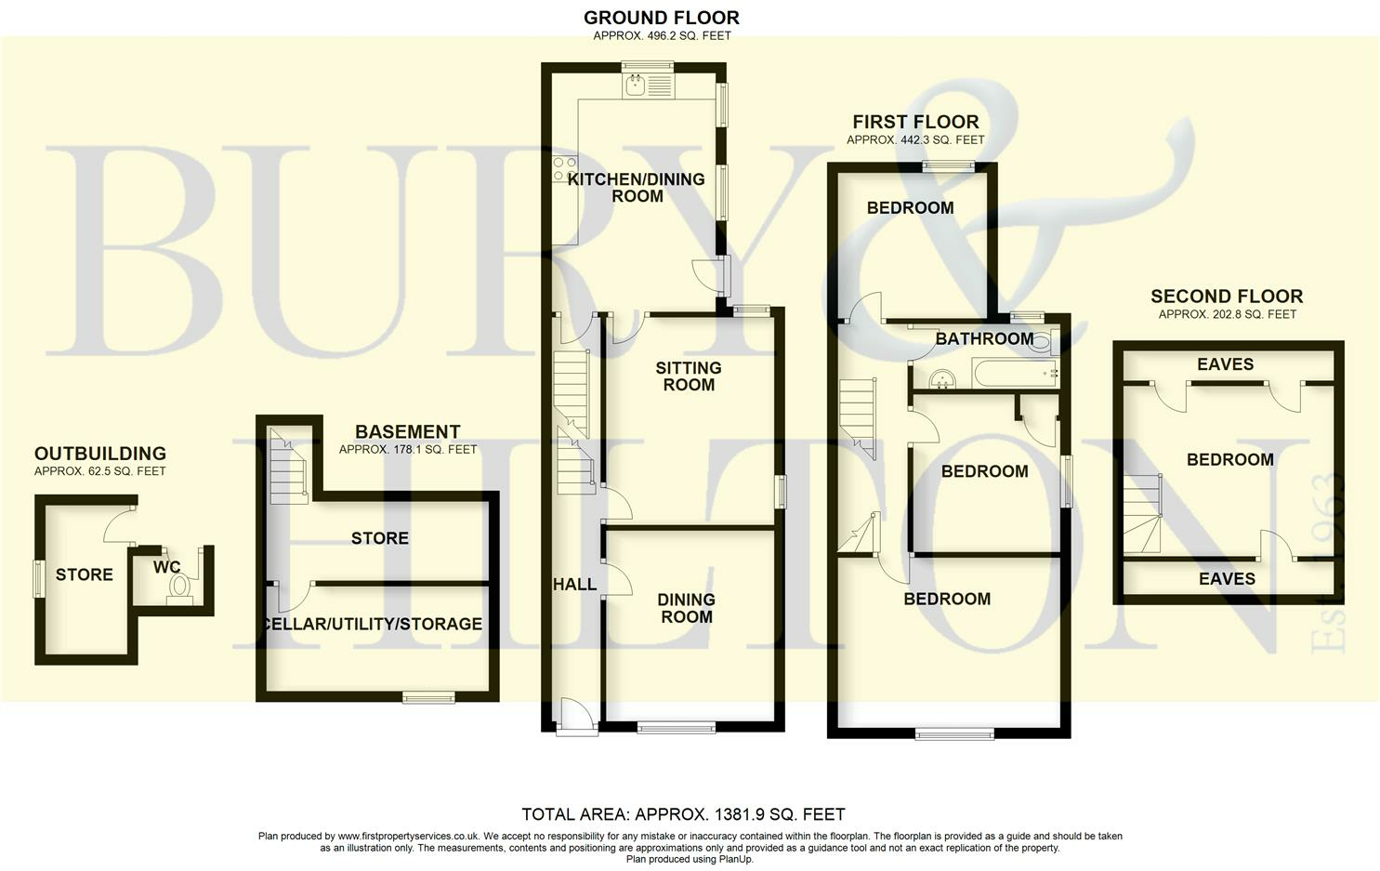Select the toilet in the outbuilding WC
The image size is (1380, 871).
[x=180, y=588]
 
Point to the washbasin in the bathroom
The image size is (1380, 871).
[x=942, y=377]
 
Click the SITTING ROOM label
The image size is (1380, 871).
[x=689, y=376]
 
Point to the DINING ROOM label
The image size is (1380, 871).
[x=686, y=608]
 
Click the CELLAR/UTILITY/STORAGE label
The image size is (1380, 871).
[x=373, y=624]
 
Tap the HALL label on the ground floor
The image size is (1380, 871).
[x=574, y=585]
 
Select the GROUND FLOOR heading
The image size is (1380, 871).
[x=662, y=18]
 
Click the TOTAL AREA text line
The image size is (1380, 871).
[x=683, y=814]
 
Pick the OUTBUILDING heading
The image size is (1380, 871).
[x=100, y=454]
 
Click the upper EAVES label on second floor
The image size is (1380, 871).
[x=1225, y=364]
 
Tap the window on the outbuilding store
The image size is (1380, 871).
[x=38, y=579]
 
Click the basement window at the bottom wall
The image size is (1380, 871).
[x=428, y=697]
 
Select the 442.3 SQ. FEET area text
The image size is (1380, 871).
[x=915, y=140]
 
